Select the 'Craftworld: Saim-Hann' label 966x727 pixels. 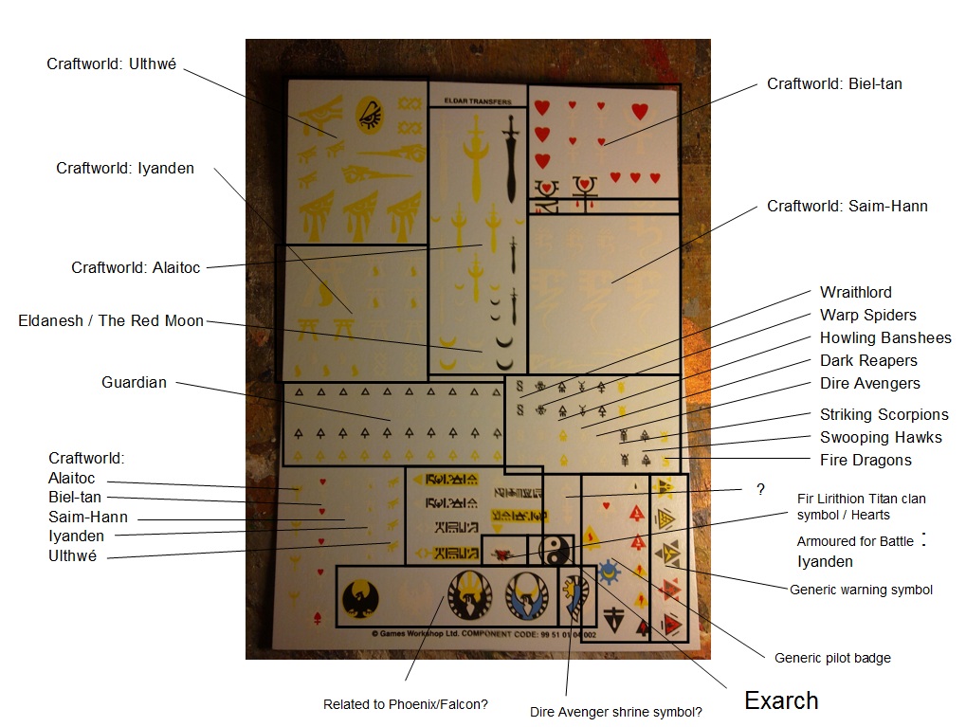(x=847, y=207)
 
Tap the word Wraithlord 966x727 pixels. (x=855, y=293)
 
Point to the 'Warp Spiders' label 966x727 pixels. (x=867, y=316)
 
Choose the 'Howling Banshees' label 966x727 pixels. (x=884, y=338)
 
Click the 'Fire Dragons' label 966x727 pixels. (x=865, y=461)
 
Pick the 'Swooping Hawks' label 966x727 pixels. (x=881, y=438)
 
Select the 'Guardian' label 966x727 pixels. (x=134, y=383)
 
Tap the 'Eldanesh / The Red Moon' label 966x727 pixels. (x=111, y=321)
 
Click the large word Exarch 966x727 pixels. (x=781, y=701)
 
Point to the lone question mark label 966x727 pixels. (x=760, y=490)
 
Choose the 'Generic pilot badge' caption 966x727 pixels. (x=832, y=659)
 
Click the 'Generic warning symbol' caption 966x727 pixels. (x=861, y=591)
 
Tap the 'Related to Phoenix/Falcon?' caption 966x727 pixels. (x=405, y=705)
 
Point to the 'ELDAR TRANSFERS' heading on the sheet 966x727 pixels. (x=477, y=101)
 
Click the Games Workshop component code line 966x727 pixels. (x=483, y=634)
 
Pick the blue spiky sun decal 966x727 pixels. (x=608, y=571)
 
